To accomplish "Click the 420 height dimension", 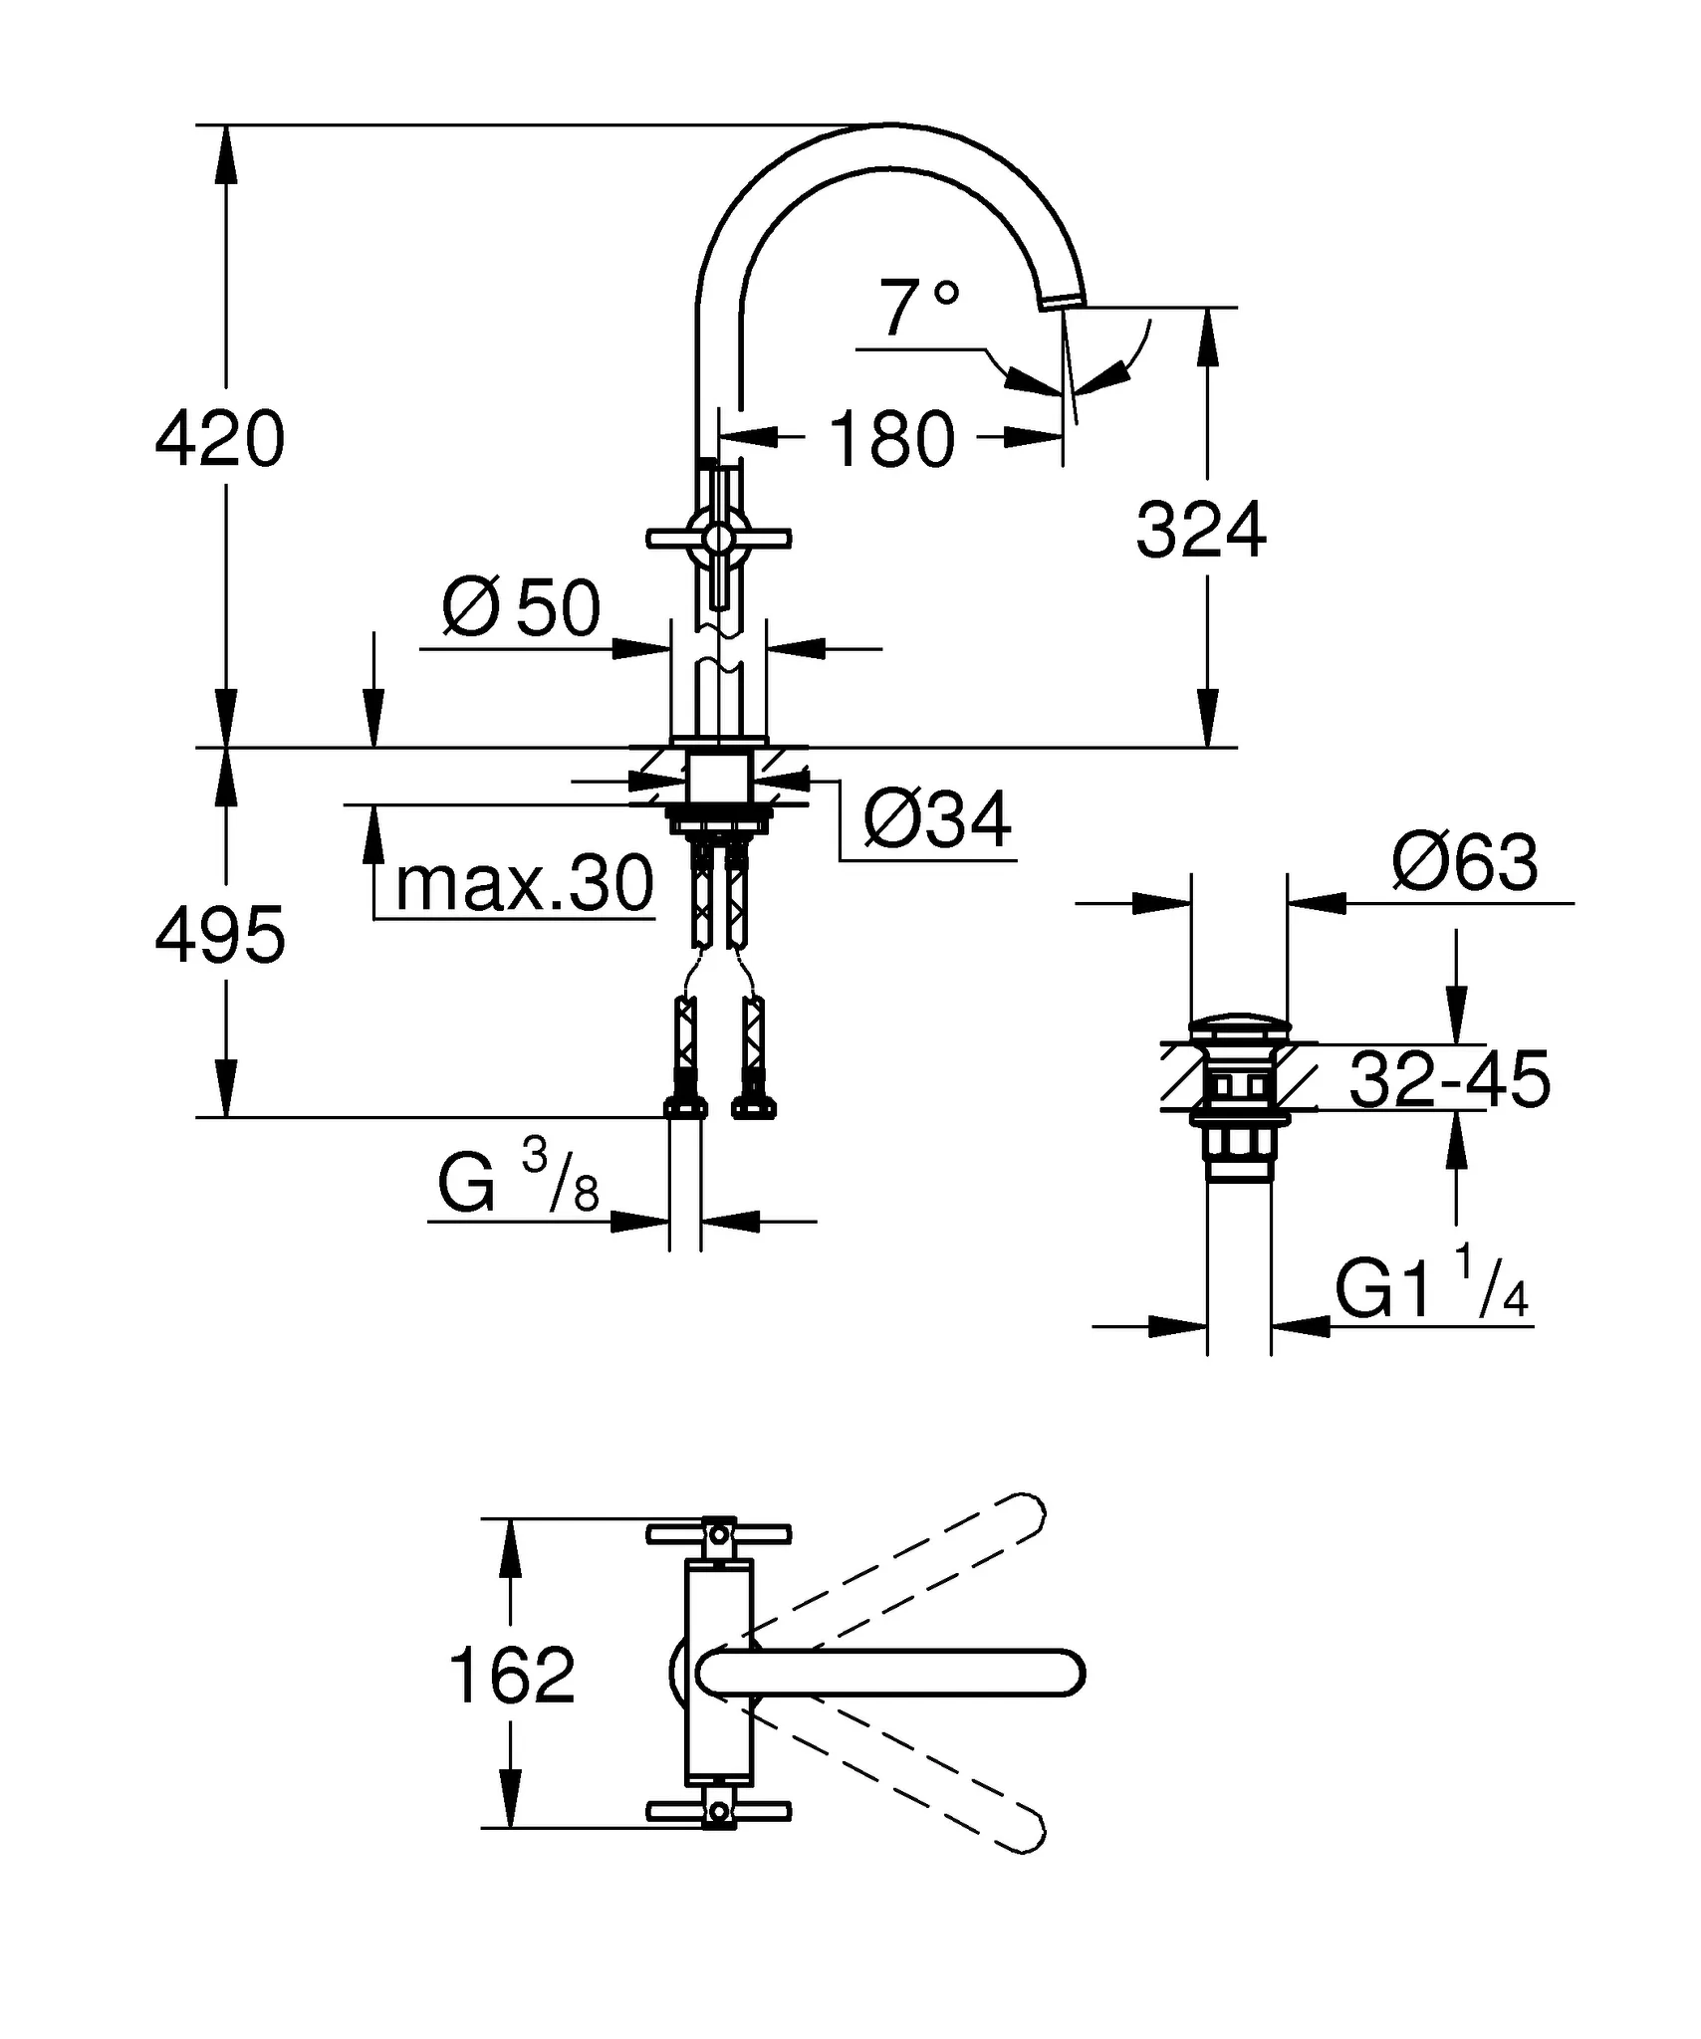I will pos(220,439).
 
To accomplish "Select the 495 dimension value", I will pos(220,936).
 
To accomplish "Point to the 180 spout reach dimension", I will pos(891,439).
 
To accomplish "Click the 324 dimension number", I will pos(1201,531).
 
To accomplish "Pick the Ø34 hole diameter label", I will pos(937,820).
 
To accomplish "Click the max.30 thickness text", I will pos(525,883).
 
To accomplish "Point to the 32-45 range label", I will pos(1449,1079).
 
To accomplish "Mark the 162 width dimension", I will pos(512,1675).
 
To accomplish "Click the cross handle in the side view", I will pos(718,539).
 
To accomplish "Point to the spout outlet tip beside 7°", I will pos(1065,301).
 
